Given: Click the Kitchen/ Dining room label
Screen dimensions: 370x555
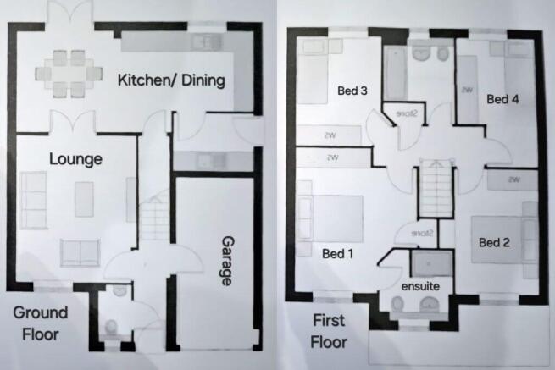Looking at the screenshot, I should click(171, 80).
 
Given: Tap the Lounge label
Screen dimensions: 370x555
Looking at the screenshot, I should click(75, 158).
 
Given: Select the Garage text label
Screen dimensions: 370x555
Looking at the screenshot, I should click(225, 262).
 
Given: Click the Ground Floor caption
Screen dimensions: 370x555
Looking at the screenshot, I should click(36, 323).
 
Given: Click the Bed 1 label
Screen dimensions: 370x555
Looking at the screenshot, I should click(337, 252).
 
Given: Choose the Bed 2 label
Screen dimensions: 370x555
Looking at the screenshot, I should click(494, 242).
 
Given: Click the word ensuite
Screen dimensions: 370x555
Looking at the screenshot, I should click(419, 284).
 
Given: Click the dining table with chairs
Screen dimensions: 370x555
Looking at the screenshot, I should click(72, 71).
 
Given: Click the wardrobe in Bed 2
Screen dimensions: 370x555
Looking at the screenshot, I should click(513, 179).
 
